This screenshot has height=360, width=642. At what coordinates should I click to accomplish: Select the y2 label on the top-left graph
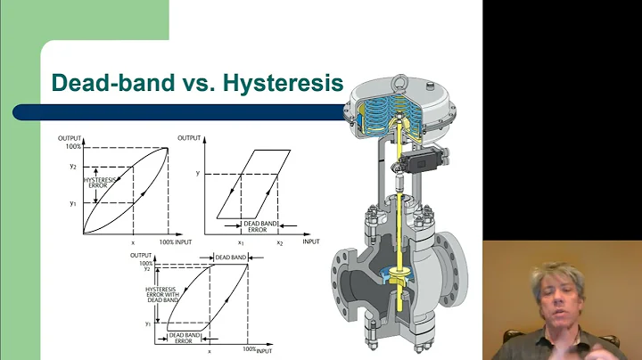[74, 167]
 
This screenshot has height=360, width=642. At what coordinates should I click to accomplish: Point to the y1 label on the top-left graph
[74, 203]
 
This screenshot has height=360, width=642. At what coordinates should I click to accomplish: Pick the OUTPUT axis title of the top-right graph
[190, 137]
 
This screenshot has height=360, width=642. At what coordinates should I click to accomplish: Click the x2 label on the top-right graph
[279, 242]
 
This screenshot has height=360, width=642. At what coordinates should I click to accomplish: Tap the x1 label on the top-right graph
[241, 242]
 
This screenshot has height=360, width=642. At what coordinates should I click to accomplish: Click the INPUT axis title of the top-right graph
[310, 241]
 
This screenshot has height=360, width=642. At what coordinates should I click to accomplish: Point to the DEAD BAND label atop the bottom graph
[231, 257]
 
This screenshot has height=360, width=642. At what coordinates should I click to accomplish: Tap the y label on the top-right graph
[196, 175]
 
